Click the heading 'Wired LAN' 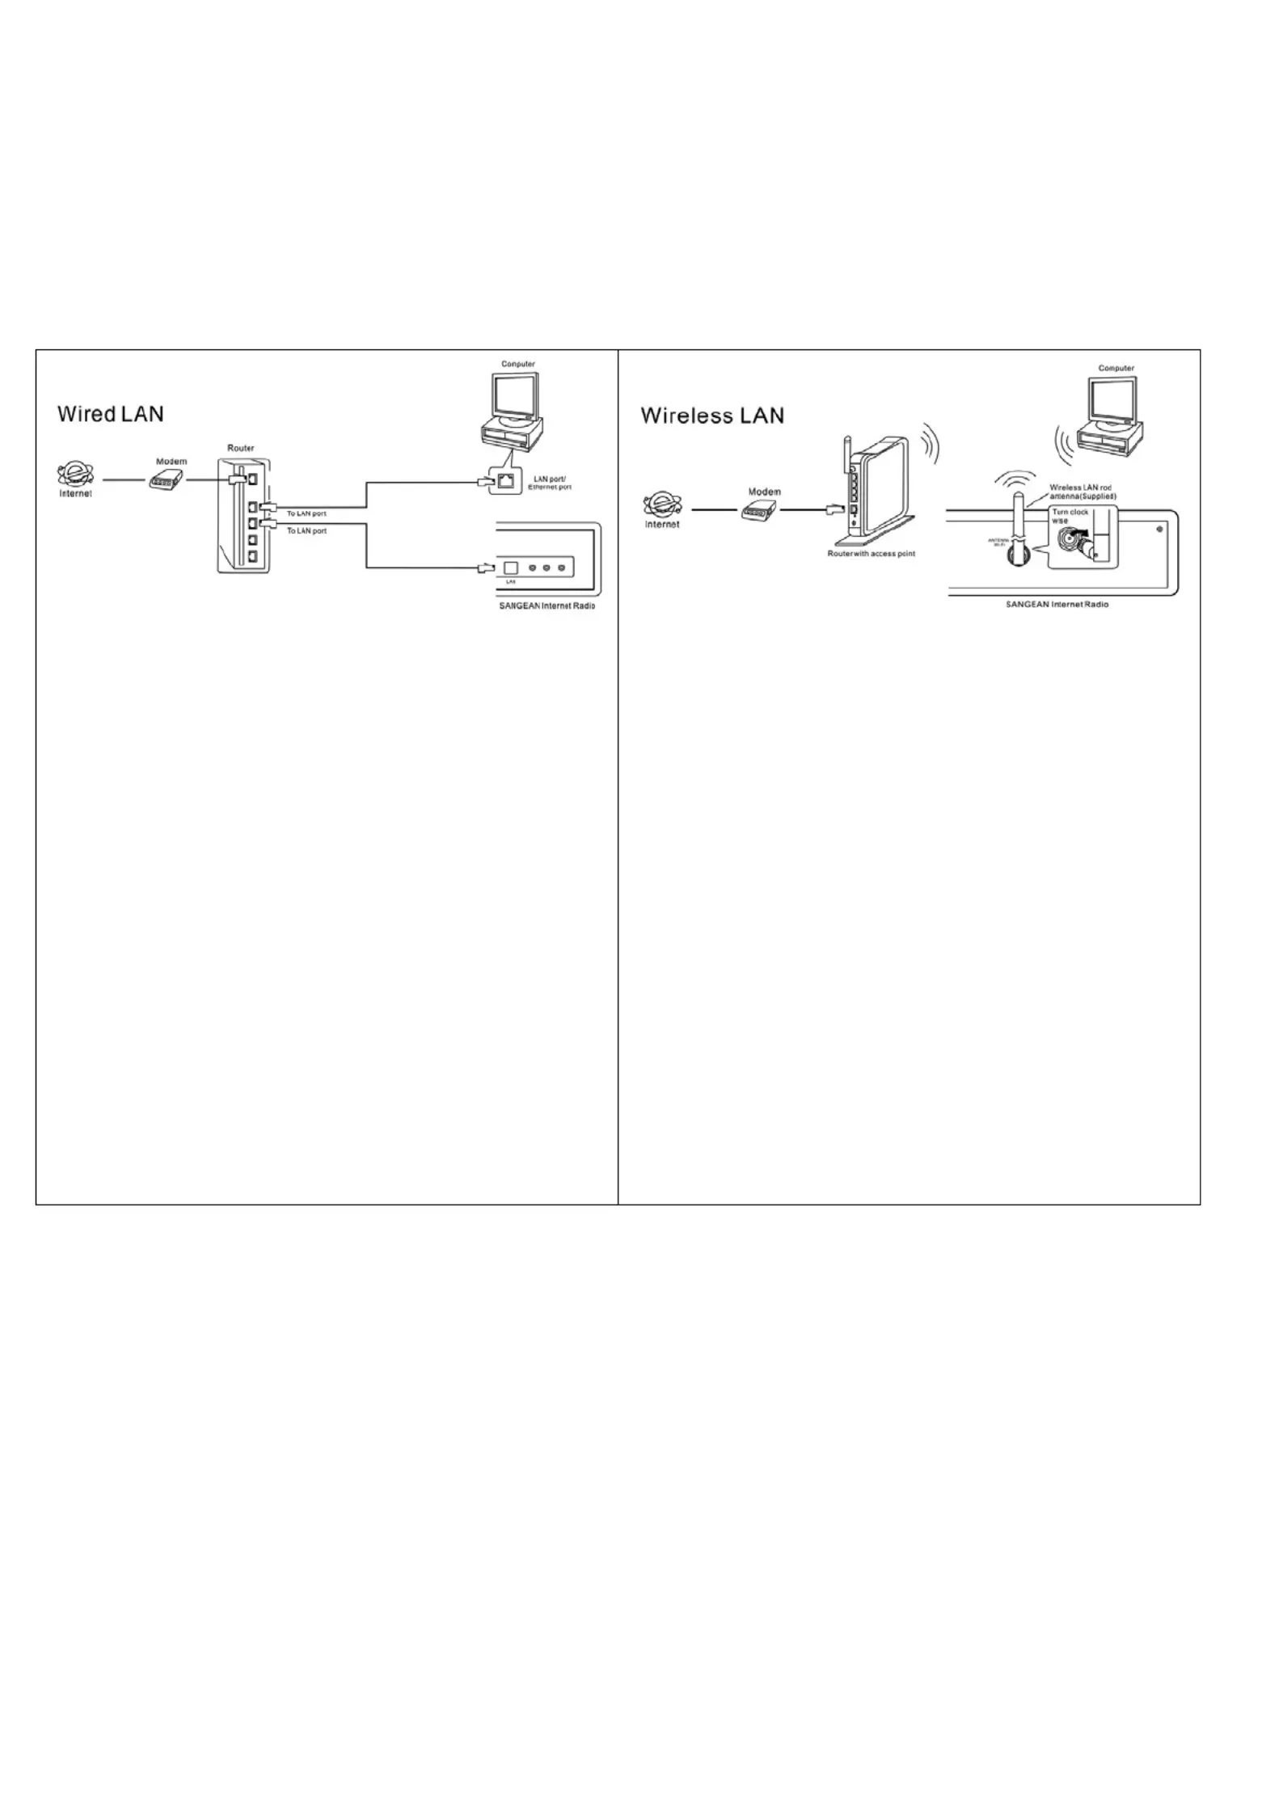(x=110, y=415)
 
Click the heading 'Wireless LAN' (x=712, y=416)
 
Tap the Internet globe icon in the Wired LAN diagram (x=75, y=475)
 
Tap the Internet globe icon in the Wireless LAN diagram (x=662, y=506)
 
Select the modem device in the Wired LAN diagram (x=167, y=481)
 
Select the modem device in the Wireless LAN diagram (x=759, y=510)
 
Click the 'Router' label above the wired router (x=241, y=448)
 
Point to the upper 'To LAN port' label (x=306, y=513)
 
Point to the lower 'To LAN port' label (x=306, y=531)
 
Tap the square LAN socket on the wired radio (x=510, y=568)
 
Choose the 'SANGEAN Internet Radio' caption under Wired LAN (x=547, y=606)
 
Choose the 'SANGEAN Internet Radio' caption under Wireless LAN (x=1057, y=605)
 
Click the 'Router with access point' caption (x=871, y=554)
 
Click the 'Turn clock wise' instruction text (x=1070, y=517)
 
